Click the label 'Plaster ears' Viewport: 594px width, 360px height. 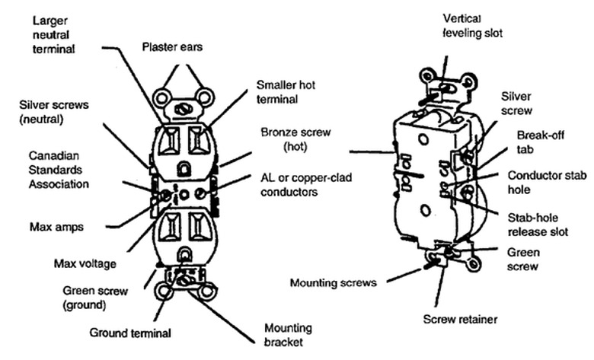pos(173,47)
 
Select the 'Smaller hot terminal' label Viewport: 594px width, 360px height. pos(286,91)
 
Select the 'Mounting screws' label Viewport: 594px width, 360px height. pos(334,283)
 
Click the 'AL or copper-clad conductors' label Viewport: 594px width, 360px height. pos(296,185)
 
